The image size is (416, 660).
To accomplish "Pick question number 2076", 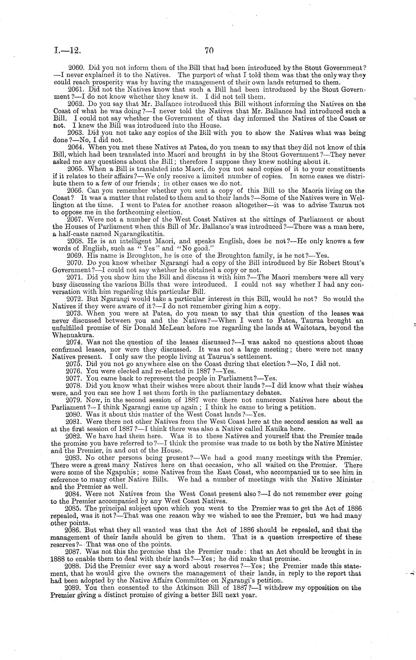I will click(x=75, y=371).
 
